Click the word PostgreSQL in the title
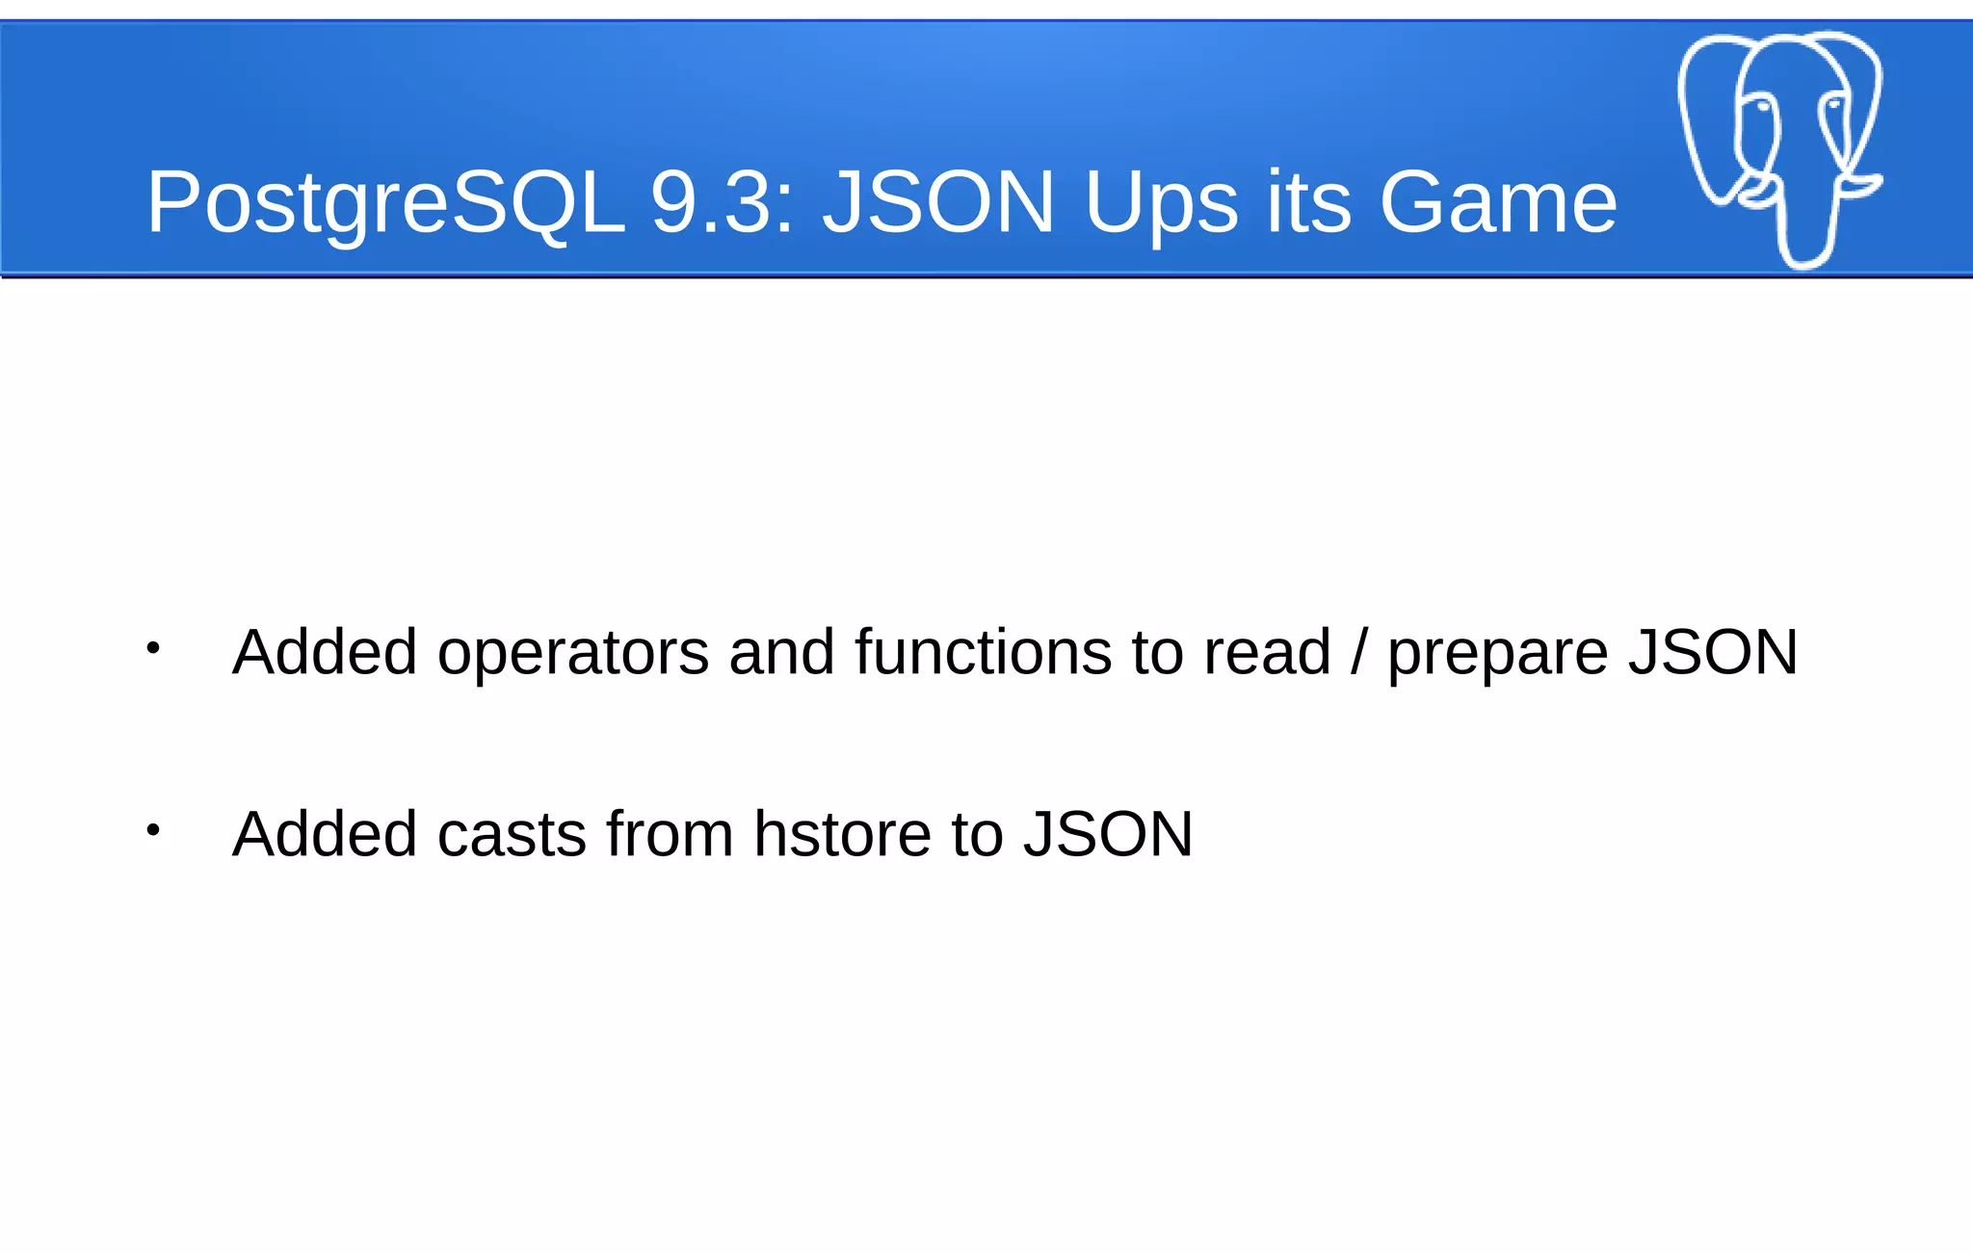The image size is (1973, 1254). pos(385,202)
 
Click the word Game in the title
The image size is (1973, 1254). pos(1498,202)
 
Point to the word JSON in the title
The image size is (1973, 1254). pos(938,202)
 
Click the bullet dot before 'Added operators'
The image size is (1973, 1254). pos(152,648)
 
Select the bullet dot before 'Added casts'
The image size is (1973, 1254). pos(152,829)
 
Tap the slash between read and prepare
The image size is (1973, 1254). pos(1358,653)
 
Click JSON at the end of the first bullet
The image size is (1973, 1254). pos(1713,653)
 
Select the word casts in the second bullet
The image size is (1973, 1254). pos(512,834)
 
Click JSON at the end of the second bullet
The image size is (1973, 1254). pos(1108,834)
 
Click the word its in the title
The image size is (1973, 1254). pos(1308,202)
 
